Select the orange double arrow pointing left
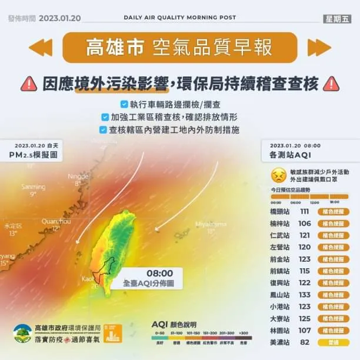[x=41, y=47]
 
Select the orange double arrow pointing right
[x=319, y=47]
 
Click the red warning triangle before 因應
[x=28, y=84]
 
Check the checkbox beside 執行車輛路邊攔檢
[x=124, y=104]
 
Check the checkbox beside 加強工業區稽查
[x=105, y=116]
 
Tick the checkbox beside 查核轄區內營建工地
[x=104, y=129]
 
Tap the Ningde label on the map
[x=78, y=176]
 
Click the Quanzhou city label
[x=56, y=221]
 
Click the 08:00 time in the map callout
[x=159, y=273]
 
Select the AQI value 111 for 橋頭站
[x=304, y=211]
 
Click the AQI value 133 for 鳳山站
[x=304, y=295]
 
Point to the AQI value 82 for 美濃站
[x=304, y=342]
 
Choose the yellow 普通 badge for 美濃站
[x=333, y=342]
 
